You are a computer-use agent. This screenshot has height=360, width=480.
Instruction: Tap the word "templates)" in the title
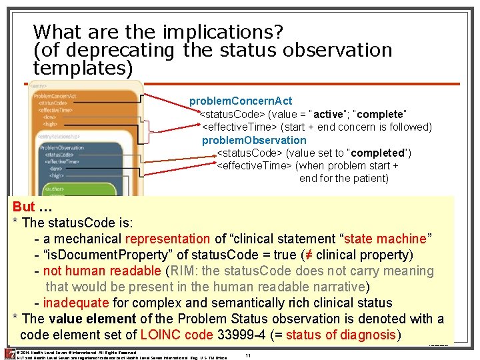point(83,67)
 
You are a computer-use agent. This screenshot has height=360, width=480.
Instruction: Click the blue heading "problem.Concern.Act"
point(240,101)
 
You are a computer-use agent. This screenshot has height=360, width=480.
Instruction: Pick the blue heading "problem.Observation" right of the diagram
point(254,140)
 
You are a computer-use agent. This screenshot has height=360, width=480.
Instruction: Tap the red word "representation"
point(167,239)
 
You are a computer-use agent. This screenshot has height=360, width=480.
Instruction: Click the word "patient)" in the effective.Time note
point(368,178)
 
